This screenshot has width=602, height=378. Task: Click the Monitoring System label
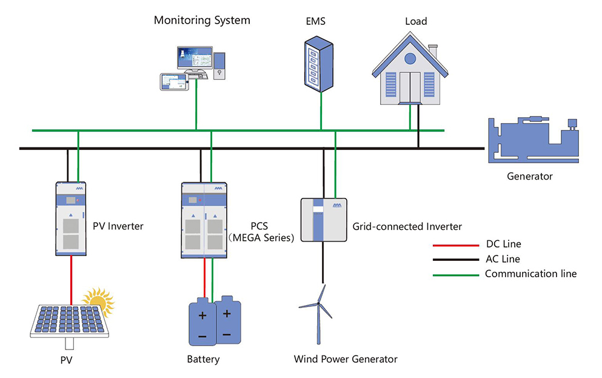point(201,20)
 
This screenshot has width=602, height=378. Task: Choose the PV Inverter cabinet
point(71,217)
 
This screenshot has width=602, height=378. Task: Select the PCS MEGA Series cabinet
point(204,219)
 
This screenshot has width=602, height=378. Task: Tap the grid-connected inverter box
point(323,219)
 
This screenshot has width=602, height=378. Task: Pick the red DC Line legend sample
point(454,246)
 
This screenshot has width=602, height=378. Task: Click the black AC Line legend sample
point(454,260)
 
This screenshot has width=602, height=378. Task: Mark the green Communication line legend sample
point(454,274)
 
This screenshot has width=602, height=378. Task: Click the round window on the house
point(410,59)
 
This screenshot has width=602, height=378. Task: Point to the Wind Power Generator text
point(346,359)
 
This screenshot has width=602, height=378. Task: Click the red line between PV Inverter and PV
point(71,279)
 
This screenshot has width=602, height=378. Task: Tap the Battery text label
point(203,359)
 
